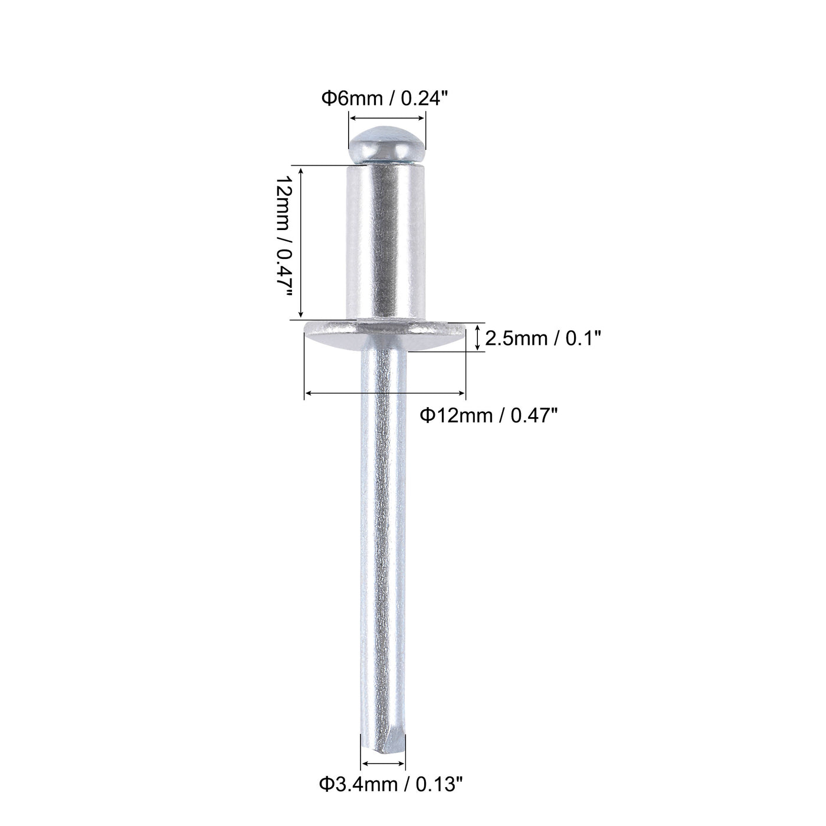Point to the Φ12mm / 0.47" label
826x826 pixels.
(x=489, y=416)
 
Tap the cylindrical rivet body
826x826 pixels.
(x=386, y=242)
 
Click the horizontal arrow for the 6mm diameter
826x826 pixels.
(x=387, y=118)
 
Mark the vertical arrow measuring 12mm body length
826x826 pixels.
(x=301, y=242)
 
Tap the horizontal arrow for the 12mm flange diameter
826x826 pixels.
(x=385, y=392)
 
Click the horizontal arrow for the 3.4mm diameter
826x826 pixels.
(x=383, y=763)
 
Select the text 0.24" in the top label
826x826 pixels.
(x=429, y=99)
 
